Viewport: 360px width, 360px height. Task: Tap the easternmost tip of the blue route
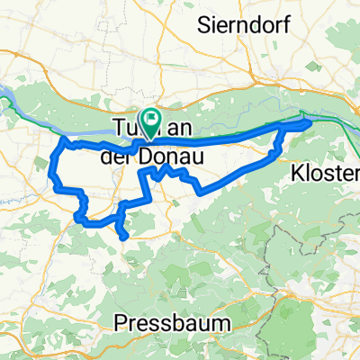coord(310,121)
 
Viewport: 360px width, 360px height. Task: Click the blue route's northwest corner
coord(64,141)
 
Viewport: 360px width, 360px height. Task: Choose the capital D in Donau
coord(148,157)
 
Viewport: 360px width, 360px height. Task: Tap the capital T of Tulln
coord(116,128)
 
